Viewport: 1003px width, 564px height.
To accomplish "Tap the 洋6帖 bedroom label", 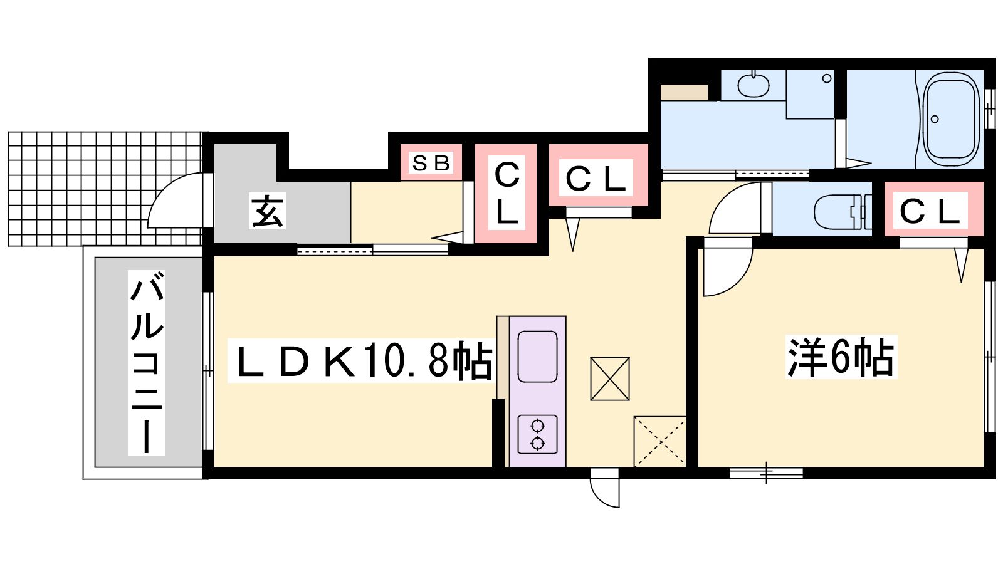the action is (x=841, y=357).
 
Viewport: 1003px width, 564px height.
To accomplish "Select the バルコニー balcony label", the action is (x=147, y=363).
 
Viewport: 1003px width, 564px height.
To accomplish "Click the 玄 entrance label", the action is (x=267, y=211).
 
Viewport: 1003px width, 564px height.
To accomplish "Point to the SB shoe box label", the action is (x=431, y=164).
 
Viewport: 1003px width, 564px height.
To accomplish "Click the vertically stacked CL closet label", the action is (x=507, y=193).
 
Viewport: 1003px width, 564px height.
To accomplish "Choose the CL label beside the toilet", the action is (x=930, y=211).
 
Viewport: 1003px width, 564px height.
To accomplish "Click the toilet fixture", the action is (x=843, y=211).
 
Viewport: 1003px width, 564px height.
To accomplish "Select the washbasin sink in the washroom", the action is (x=753, y=85).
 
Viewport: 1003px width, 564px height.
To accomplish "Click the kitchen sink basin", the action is (x=537, y=357).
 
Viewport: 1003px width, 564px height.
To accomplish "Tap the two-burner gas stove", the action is (x=537, y=434).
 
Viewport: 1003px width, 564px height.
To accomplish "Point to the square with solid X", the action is (x=610, y=379).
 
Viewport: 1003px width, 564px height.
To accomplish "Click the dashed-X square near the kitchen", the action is (x=659, y=441).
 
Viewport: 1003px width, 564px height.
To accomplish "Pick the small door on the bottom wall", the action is (x=605, y=488).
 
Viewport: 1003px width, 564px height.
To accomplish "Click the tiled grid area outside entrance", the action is (x=105, y=189).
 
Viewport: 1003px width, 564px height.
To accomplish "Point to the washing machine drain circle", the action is (x=827, y=78).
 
